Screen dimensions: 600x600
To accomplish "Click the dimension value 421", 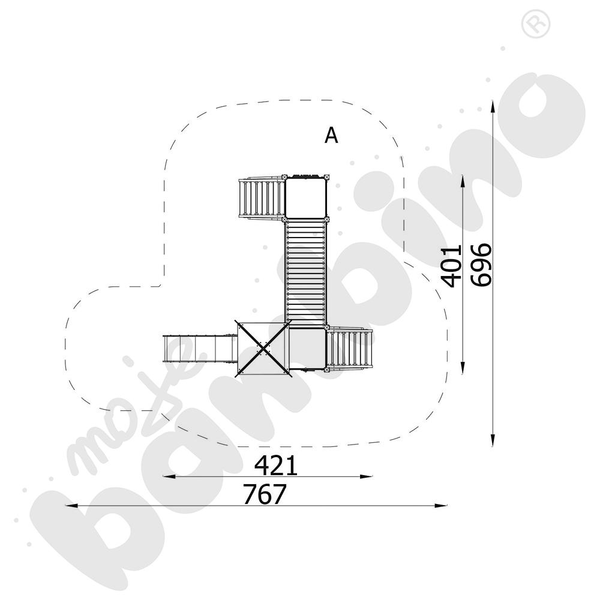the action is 276,466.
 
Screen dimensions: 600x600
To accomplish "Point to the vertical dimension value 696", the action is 481,265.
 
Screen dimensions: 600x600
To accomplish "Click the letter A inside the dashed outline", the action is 331,135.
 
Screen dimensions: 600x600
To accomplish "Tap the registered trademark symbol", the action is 536,24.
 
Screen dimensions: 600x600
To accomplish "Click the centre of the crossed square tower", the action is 263,348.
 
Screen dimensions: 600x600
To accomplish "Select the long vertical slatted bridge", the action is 305,273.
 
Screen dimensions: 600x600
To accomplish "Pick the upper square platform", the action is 305,197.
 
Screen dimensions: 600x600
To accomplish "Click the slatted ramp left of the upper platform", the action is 262,198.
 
